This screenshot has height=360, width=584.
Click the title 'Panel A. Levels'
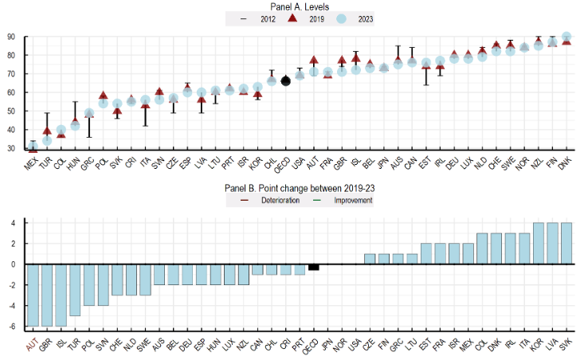click(x=294, y=6)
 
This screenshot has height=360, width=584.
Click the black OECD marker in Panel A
click(x=286, y=80)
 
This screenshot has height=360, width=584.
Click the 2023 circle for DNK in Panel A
click(x=566, y=37)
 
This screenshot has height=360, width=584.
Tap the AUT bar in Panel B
click(x=33, y=295)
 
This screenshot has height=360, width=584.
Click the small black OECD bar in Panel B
click(x=314, y=267)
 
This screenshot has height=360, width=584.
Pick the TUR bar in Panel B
click(x=76, y=290)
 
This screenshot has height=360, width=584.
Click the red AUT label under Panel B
click(x=32, y=342)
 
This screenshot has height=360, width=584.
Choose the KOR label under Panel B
click(x=538, y=342)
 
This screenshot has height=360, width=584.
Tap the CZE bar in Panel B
click(x=370, y=259)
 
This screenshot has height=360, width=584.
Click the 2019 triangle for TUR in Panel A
click(x=46, y=131)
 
